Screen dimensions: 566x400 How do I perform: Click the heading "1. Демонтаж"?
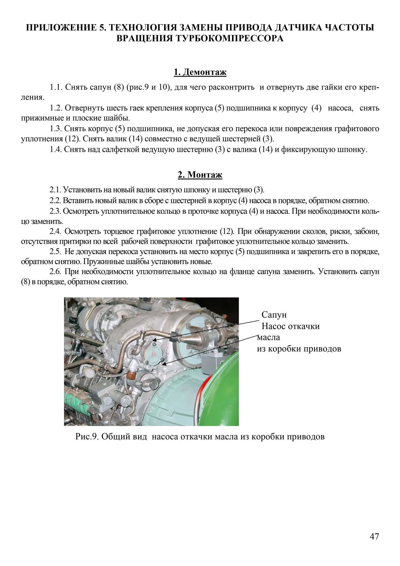(x=200, y=72)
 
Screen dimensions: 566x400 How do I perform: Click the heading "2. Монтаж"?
(x=200, y=175)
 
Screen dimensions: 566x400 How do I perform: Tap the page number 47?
(x=374, y=537)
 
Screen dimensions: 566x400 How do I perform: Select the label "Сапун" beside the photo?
(x=274, y=315)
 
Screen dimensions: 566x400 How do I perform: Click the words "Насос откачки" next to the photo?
(x=290, y=326)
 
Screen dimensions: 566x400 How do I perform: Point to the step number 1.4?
(x=56, y=149)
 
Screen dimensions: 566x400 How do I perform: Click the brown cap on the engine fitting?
(x=130, y=375)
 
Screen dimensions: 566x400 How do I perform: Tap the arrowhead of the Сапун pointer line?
(x=154, y=340)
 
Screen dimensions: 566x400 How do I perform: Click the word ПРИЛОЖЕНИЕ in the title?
(x=63, y=28)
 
